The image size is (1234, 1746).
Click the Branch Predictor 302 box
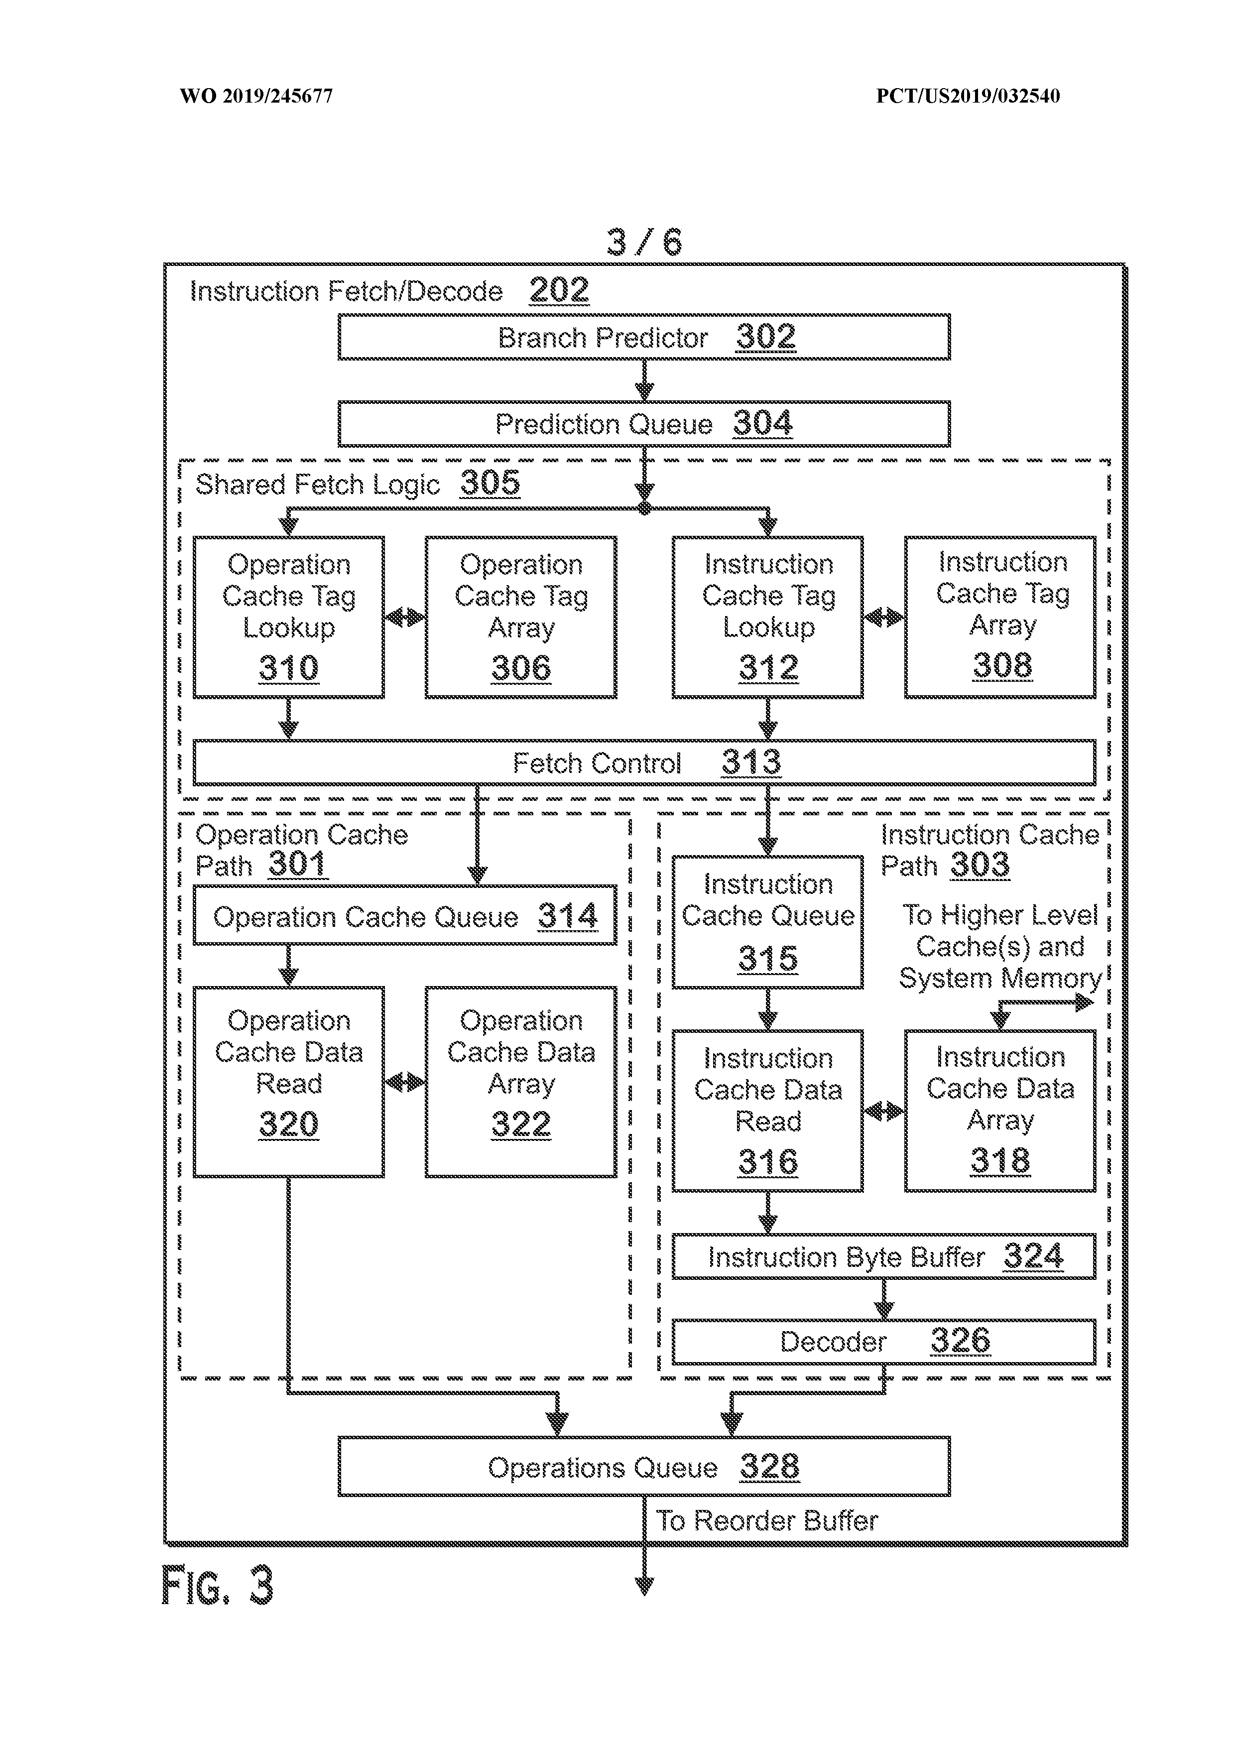tap(643, 337)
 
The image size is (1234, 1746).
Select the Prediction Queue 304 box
tap(643, 424)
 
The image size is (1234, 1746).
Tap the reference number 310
tap(288, 668)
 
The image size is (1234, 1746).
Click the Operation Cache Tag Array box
tap(521, 617)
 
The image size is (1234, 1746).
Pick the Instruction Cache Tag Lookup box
tap(767, 617)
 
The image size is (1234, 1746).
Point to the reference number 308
tap(1002, 665)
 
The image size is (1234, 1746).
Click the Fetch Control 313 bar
tap(643, 762)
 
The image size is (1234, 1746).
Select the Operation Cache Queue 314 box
tap(404, 916)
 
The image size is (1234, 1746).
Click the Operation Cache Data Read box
tap(288, 1081)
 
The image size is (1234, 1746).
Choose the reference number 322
tap(521, 1124)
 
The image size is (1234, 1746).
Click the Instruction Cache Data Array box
tap(1000, 1110)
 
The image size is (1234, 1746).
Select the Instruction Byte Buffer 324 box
tap(883, 1257)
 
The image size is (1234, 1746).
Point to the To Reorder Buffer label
tap(766, 1521)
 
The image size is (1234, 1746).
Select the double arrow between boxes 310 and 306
tap(404, 617)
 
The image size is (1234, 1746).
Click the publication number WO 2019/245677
tap(256, 96)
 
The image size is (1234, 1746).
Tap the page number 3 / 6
tap(644, 242)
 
